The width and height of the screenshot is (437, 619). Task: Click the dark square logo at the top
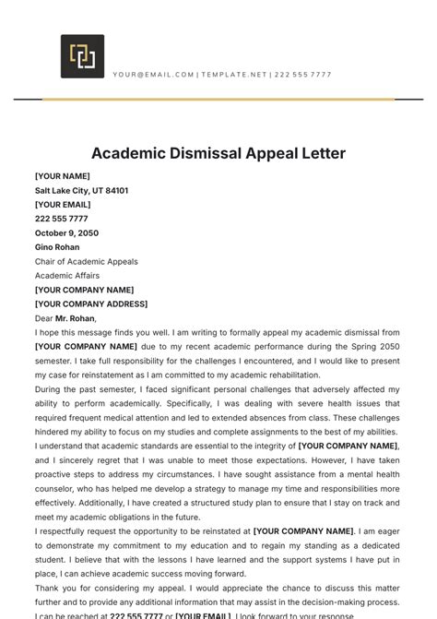coord(82,56)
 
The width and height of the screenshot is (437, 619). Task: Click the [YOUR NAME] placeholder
coord(63,176)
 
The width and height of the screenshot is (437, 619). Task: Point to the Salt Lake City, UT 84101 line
coord(81,190)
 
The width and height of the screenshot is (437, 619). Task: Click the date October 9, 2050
coord(66,232)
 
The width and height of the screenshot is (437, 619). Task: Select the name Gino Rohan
coord(57,247)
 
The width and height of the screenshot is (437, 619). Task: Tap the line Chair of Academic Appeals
coord(87,261)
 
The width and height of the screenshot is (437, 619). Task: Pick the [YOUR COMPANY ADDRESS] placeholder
coord(91,304)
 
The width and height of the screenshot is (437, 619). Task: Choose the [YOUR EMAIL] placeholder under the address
coord(63,205)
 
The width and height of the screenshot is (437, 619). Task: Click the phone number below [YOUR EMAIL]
coord(61,219)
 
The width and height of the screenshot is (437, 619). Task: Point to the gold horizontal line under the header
coord(218,99)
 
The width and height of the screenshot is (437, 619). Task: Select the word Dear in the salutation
coord(43,318)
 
